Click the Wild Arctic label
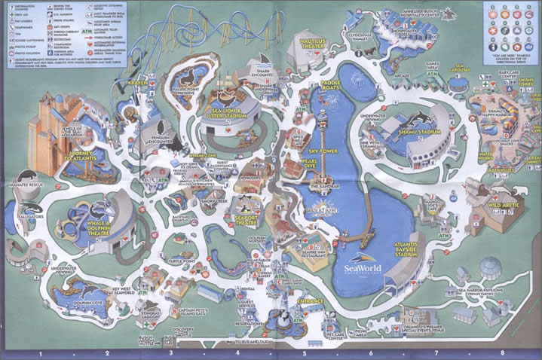(505, 204)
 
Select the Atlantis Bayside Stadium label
(416, 250)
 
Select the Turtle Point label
(182, 261)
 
